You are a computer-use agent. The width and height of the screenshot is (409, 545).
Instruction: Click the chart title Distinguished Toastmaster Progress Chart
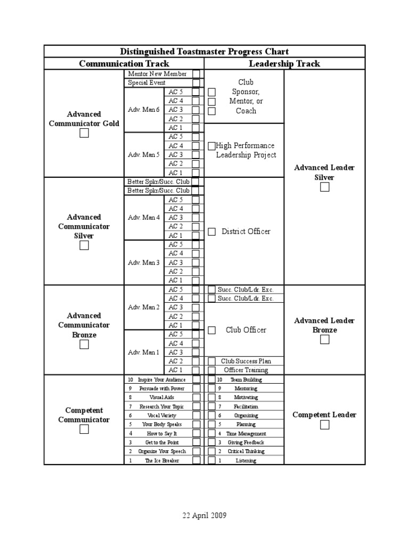[204, 52]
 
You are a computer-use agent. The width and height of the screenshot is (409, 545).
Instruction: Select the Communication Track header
[124, 64]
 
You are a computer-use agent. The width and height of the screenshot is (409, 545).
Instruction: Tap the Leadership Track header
[284, 64]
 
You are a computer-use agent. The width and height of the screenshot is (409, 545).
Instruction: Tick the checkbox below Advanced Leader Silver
[325, 187]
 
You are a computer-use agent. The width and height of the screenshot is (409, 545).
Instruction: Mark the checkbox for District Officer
[212, 232]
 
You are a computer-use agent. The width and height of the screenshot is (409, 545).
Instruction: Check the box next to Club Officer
[212, 330]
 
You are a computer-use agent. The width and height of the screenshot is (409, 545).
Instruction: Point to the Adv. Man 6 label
[144, 110]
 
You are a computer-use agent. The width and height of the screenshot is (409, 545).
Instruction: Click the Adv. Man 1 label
[144, 352]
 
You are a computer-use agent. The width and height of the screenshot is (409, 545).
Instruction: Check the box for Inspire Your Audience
[197, 379]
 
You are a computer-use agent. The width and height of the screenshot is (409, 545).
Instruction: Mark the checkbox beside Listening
[212, 460]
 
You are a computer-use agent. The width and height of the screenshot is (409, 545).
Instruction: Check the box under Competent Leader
[325, 425]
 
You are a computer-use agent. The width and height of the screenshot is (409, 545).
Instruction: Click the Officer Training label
[246, 370]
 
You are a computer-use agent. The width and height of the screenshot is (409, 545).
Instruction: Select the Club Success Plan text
[246, 361]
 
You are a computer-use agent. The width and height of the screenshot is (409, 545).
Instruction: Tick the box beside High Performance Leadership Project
[212, 146]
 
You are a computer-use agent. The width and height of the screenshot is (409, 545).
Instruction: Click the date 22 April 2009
[204, 516]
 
